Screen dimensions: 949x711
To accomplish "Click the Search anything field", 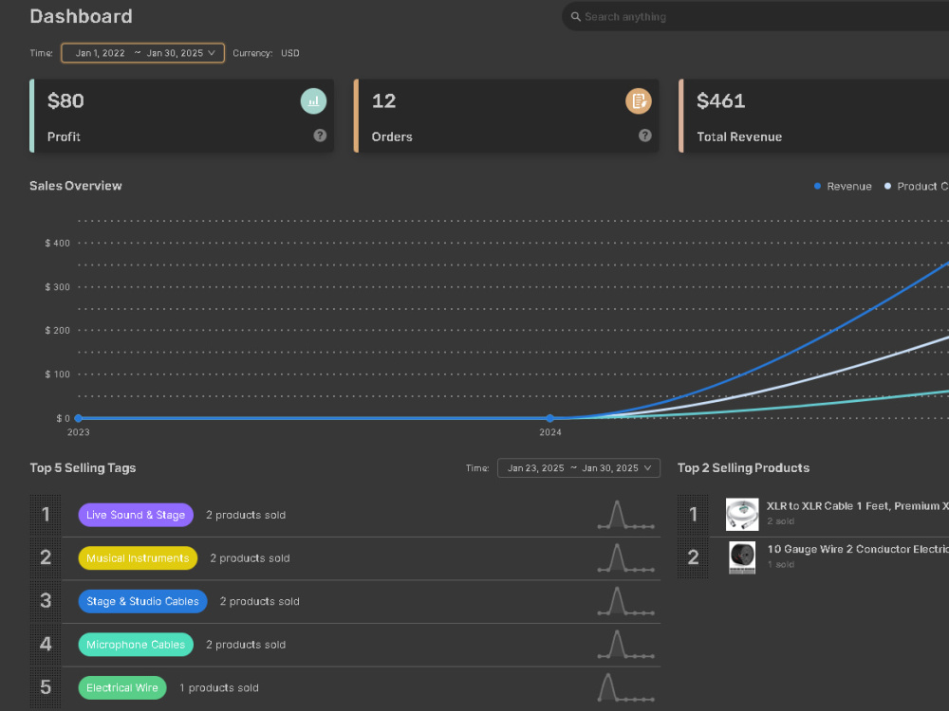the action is [755, 17].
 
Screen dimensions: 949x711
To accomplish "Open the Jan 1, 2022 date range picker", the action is [143, 53].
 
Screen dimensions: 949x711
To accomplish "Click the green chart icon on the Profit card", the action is [313, 101].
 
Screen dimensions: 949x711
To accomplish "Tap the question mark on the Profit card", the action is [320, 136].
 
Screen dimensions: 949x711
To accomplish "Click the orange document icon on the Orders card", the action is [639, 101].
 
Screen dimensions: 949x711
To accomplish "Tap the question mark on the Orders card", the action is [645, 136].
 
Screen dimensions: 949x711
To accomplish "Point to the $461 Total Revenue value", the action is [721, 101].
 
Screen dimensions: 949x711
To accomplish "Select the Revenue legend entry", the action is [843, 186].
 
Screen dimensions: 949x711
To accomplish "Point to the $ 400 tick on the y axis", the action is [58, 243].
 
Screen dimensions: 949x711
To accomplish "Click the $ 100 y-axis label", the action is [58, 374].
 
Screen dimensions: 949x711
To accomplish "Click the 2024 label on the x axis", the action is [550, 432].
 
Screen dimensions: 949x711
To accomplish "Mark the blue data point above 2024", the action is [550, 418].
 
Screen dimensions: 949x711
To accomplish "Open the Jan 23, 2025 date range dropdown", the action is [579, 468].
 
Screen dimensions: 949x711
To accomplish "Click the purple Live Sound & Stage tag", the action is [136, 515].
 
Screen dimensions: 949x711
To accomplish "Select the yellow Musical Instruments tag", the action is [138, 558].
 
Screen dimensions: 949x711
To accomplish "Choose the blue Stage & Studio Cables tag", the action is [143, 602].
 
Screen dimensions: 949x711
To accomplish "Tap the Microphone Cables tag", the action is [136, 645].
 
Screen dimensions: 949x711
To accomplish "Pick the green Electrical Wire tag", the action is [122, 688].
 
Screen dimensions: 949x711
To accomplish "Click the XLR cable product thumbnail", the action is [742, 515].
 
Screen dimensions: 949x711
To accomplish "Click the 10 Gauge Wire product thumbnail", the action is [742, 557].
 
